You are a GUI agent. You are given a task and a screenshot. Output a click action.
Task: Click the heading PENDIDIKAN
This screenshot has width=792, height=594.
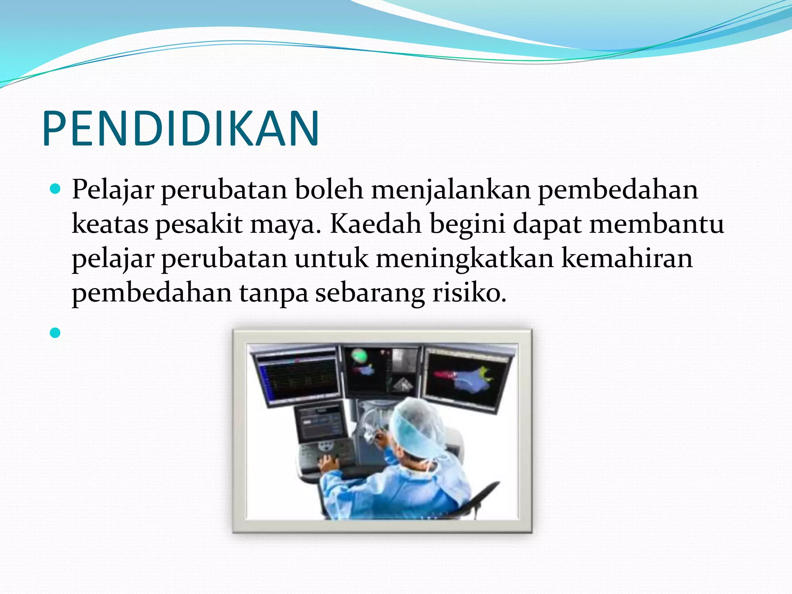pyautogui.click(x=181, y=129)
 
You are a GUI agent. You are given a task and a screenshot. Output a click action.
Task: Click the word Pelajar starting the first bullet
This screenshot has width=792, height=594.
pyautogui.click(x=113, y=190)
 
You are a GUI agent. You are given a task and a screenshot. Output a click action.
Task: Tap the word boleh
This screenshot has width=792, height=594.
pyautogui.click(x=329, y=189)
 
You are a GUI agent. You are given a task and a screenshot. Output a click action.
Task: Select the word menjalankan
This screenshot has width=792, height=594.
pyautogui.click(x=451, y=190)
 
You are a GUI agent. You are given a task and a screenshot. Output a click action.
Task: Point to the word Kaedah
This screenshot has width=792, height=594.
pyautogui.click(x=376, y=224)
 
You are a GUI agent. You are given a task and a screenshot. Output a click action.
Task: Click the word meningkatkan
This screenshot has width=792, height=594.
pyautogui.click(x=464, y=259)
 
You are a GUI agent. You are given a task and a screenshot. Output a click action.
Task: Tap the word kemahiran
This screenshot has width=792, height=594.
pyautogui.click(x=627, y=258)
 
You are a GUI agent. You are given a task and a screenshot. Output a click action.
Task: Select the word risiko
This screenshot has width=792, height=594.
pyautogui.click(x=469, y=292)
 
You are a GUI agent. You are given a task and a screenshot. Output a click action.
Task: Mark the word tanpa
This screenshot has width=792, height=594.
pyautogui.click(x=273, y=293)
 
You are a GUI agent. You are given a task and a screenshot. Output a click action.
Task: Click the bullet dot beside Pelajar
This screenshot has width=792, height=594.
pyautogui.click(x=55, y=189)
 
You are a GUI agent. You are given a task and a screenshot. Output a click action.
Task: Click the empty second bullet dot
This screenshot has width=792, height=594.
pyautogui.click(x=55, y=333)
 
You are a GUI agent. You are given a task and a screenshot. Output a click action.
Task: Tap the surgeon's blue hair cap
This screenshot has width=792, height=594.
pyautogui.click(x=418, y=425)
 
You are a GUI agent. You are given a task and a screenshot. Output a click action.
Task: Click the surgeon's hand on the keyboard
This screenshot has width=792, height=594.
pyautogui.click(x=329, y=462)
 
